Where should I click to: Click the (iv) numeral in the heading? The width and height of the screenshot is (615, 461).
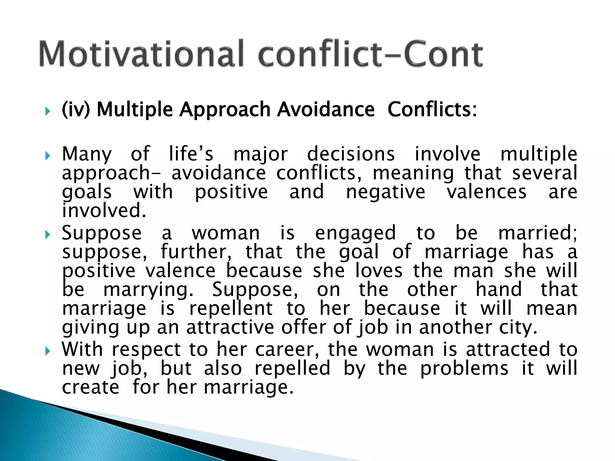pyautogui.click(x=76, y=109)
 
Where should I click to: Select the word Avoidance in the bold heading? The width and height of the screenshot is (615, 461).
pyautogui.click(x=326, y=109)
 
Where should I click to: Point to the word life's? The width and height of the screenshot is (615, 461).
pyautogui.click(x=191, y=154)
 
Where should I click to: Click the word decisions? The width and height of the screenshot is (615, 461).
pyautogui.click(x=351, y=154)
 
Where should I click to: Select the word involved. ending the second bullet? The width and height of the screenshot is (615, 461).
pyautogui.click(x=104, y=210)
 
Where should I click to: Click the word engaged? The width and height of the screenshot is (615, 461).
pyautogui.click(x=355, y=233)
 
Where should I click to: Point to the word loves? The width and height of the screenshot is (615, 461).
pyautogui.click(x=378, y=271)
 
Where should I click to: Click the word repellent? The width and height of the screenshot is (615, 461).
pyautogui.click(x=231, y=309)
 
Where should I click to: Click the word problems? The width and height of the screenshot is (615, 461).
pyautogui.click(x=464, y=369)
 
